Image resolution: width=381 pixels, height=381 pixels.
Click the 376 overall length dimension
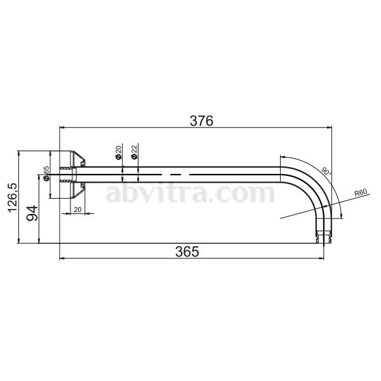click(x=201, y=121)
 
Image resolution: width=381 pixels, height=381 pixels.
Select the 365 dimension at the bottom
click(x=187, y=251)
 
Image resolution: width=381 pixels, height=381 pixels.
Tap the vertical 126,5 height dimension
click(x=13, y=197)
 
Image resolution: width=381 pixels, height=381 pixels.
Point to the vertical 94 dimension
click(x=32, y=213)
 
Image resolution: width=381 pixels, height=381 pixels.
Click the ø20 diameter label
click(x=118, y=152)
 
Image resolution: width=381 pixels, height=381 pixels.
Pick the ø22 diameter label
click(x=134, y=152)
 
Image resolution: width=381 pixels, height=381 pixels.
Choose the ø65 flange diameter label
click(x=46, y=173)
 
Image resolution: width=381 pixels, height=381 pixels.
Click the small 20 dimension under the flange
click(x=77, y=210)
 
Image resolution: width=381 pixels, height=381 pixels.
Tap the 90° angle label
click(x=326, y=171)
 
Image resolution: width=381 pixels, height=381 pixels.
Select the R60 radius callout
click(x=361, y=193)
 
